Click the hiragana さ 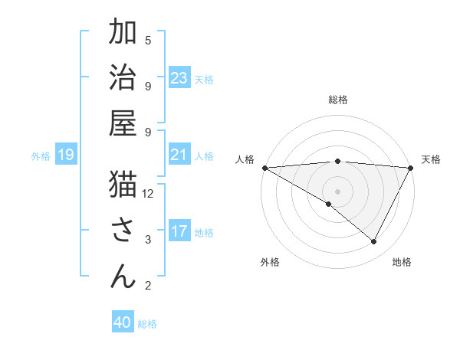123,230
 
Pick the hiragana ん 123,275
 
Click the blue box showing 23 179,78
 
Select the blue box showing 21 179,155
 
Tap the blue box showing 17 179,232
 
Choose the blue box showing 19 65,155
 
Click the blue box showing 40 123,322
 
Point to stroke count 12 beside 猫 148,194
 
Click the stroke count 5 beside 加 148,40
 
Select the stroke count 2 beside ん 148,286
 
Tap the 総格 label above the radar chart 337,100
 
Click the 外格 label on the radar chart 270,263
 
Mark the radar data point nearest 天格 411,168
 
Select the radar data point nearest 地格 374,241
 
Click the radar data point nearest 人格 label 264,168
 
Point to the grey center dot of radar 337,191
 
